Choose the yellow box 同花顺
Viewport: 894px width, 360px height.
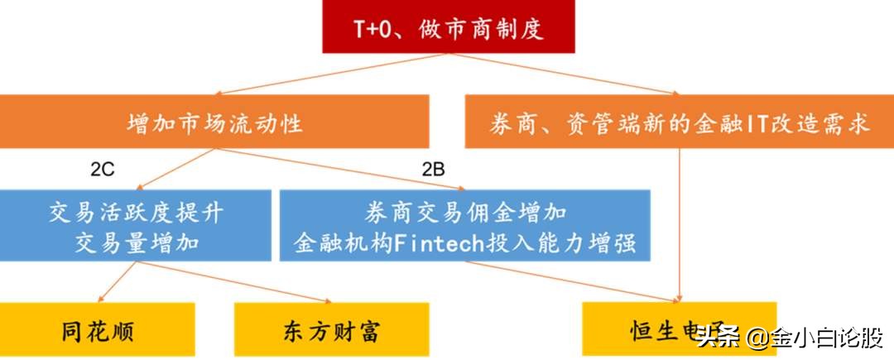pyautogui.click(x=98, y=331)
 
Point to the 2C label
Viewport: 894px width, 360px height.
pyautogui.click(x=102, y=170)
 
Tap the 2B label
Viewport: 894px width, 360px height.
pyautogui.click(x=433, y=170)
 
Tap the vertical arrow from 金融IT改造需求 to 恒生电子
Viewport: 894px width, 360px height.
pyautogui.click(x=680, y=223)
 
